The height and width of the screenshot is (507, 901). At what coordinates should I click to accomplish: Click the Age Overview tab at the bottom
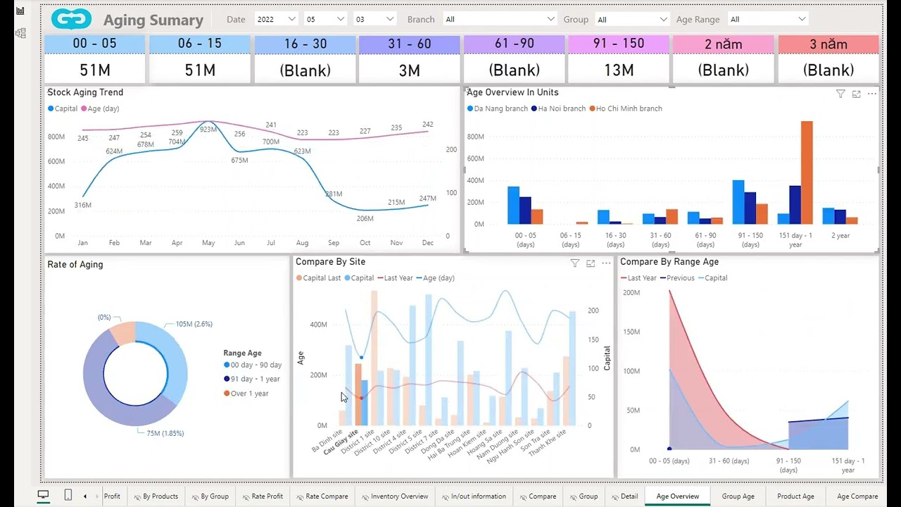(677, 496)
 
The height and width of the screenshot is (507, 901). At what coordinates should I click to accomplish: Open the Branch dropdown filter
(500, 20)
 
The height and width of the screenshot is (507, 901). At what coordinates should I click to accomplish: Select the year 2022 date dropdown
(276, 20)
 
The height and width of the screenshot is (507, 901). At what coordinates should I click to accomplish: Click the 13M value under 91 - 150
(619, 70)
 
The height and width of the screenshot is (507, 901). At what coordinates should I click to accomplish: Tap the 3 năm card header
(828, 44)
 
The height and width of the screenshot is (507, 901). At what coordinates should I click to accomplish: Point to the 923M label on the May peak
(208, 130)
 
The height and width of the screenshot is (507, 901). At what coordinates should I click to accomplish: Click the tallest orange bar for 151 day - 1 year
(807, 173)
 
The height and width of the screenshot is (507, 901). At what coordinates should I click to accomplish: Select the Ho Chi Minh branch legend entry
(629, 108)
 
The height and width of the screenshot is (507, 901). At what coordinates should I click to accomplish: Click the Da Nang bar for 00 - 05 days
(513, 205)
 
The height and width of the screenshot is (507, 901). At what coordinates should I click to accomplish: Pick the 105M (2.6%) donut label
(194, 324)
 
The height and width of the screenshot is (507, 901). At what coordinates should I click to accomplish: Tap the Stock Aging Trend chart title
(85, 92)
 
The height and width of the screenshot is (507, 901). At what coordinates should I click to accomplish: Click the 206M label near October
(365, 218)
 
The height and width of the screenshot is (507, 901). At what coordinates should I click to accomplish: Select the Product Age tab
(795, 496)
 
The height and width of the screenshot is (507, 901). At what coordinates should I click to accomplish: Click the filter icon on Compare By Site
(574, 263)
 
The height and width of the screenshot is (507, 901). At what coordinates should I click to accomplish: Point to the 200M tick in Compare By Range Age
(631, 292)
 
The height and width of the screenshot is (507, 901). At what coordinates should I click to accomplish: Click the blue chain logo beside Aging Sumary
(72, 20)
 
